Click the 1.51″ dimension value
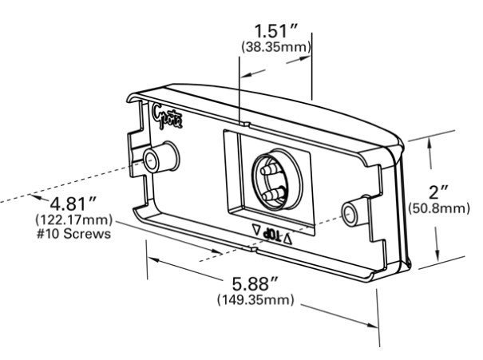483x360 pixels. pos(276,31)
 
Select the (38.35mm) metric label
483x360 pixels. pos(276,47)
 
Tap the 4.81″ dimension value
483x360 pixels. pos(73,204)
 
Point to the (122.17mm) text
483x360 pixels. pos(74,220)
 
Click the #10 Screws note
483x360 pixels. pos(73,234)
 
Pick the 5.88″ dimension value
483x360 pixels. pos(255,284)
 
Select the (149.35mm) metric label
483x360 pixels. pos(255,299)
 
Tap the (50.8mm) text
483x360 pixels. pos(439,208)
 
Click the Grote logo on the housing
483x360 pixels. pos(167,117)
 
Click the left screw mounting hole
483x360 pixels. pos(151,160)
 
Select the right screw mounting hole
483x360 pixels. pos(349,214)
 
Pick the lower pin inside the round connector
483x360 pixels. pos(272,193)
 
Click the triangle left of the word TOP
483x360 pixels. pos(256,229)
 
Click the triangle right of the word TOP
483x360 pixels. pos(287,239)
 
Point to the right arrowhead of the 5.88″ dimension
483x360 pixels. pos(371,325)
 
